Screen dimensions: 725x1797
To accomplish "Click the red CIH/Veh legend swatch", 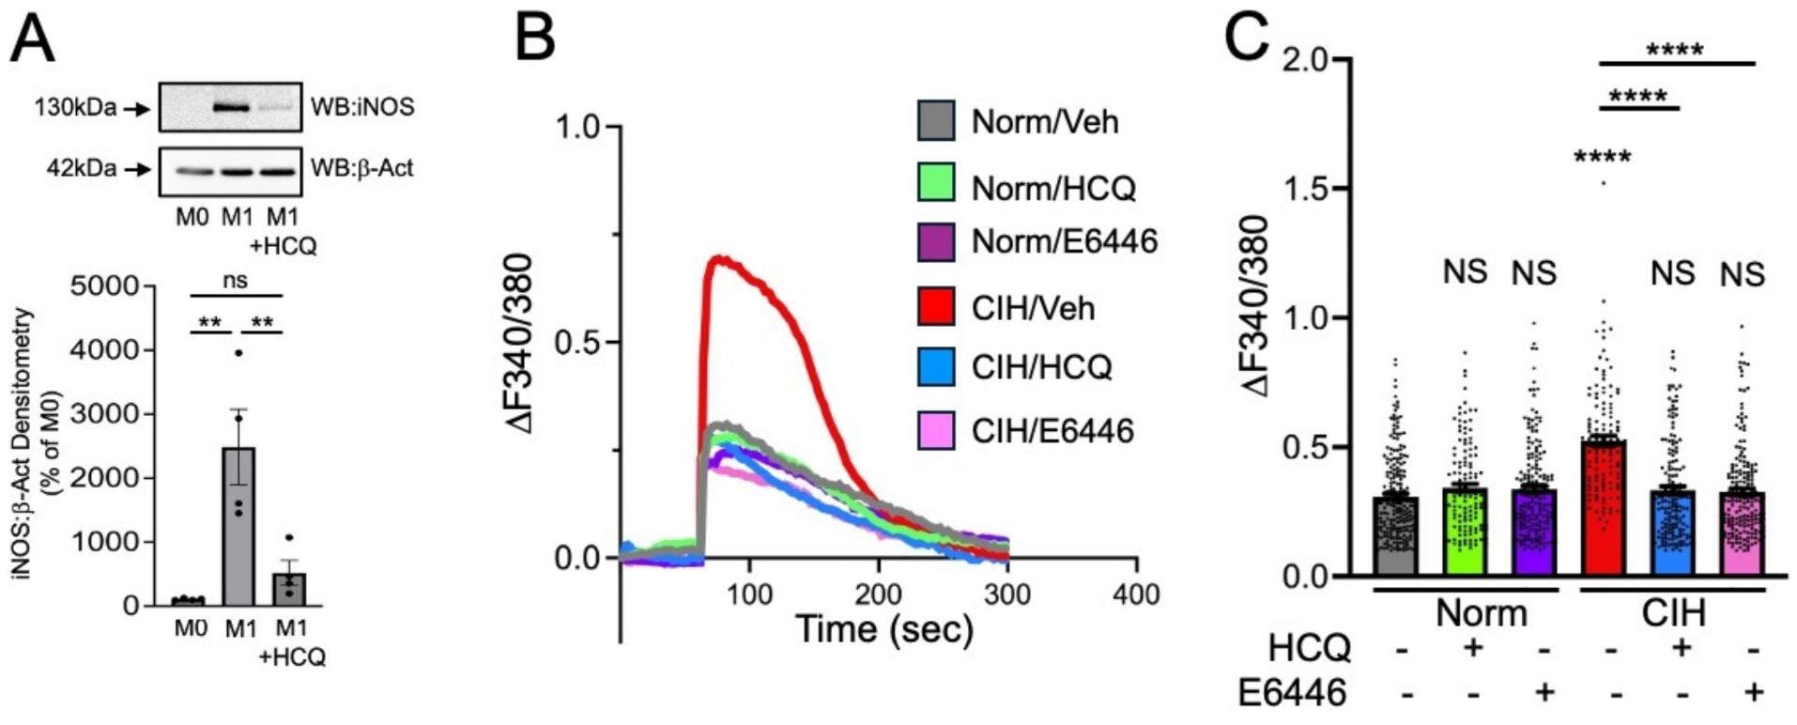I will (935, 307).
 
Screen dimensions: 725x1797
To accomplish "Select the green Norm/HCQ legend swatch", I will (935, 181).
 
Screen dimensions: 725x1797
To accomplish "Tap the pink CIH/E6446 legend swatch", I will (935, 430).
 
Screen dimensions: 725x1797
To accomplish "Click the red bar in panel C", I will (1605, 507).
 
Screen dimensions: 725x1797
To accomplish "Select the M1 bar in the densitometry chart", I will (239, 526).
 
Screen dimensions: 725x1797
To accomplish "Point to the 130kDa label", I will (75, 108).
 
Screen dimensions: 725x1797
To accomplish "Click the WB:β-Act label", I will (361, 169).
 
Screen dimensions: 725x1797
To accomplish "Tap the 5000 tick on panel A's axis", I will (104, 285).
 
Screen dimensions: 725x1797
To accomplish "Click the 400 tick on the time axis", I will (1136, 594).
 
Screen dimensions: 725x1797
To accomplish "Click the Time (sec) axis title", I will (883, 629).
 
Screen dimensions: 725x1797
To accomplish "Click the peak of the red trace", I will (719, 256).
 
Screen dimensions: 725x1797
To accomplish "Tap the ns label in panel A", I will (236, 280).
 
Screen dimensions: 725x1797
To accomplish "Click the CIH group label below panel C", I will (1672, 613).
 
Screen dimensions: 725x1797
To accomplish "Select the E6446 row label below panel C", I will (1292, 693).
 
